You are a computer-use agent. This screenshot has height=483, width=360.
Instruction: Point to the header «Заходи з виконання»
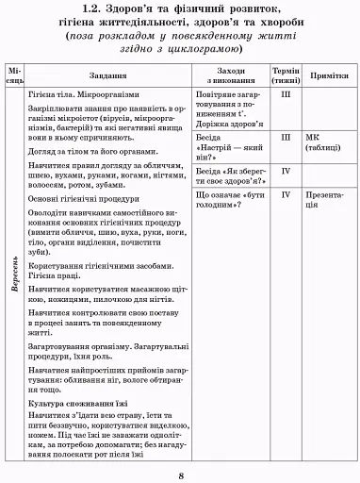click(x=230, y=76)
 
